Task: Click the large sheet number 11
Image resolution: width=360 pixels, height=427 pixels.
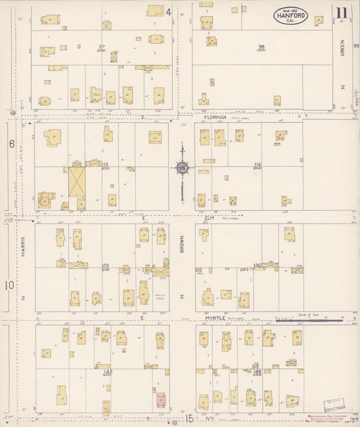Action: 342,12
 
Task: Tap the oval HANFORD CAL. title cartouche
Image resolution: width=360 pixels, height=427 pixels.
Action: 290,15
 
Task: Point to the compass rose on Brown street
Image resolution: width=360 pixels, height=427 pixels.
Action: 182,168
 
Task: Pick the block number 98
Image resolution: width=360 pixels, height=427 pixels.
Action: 261,47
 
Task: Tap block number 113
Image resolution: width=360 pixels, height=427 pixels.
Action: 104,164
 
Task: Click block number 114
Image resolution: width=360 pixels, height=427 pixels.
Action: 257,164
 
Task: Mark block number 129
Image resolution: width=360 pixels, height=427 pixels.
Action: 104,266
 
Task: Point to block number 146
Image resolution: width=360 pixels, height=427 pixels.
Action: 257,371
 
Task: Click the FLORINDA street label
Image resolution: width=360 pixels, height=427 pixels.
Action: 215,117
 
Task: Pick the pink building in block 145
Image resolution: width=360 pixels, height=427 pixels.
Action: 161,401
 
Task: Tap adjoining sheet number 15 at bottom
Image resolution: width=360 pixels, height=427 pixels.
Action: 190,419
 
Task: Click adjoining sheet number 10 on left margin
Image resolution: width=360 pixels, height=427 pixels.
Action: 9,285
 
